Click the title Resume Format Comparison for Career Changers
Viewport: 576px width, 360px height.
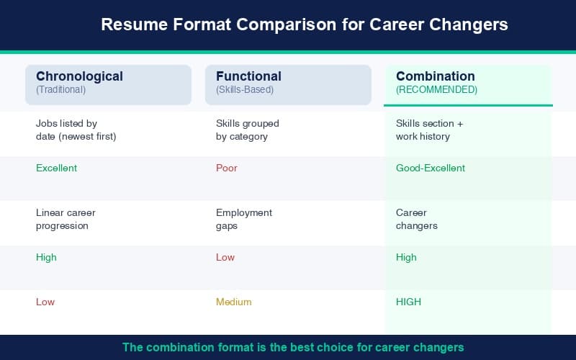click(304, 24)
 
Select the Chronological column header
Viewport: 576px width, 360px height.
click(79, 76)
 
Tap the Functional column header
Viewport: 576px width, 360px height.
click(248, 76)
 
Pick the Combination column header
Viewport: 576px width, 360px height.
click(436, 76)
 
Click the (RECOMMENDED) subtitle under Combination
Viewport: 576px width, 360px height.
click(436, 90)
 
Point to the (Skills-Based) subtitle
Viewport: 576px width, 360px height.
click(245, 90)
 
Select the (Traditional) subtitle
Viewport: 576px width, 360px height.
click(60, 90)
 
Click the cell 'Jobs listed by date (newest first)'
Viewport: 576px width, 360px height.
click(76, 130)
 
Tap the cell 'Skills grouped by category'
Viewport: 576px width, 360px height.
click(247, 130)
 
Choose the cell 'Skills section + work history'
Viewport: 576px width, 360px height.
click(430, 130)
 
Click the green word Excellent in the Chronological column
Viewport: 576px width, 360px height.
click(56, 168)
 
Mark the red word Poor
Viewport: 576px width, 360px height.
click(226, 168)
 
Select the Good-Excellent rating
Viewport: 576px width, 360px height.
click(431, 168)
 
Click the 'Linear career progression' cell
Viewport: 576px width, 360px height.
click(66, 219)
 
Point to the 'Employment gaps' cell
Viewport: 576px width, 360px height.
click(244, 219)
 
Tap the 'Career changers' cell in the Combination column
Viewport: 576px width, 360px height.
click(417, 219)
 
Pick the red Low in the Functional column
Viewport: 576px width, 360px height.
click(225, 257)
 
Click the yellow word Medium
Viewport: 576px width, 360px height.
click(234, 302)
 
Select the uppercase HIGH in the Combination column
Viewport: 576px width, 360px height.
click(408, 302)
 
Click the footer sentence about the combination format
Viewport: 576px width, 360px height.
click(293, 347)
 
